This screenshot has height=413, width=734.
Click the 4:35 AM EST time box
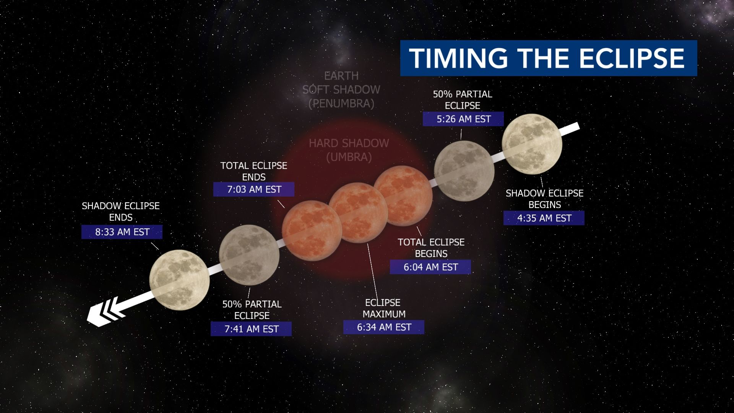(544, 218)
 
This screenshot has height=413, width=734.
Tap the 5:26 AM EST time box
(463, 119)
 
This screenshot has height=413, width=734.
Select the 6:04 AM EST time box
(430, 267)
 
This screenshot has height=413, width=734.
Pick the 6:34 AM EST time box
(384, 327)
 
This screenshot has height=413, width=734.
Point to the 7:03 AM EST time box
(254, 189)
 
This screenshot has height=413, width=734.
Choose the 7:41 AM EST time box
(251, 329)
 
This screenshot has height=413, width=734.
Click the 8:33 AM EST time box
(122, 232)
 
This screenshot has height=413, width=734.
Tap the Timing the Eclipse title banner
(549, 58)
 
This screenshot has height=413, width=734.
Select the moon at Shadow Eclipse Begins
(532, 143)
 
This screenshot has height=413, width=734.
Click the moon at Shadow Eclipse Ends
(179, 280)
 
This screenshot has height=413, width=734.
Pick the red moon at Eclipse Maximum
(359, 213)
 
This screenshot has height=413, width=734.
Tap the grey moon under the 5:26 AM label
(464, 171)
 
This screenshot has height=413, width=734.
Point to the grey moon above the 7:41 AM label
(249, 255)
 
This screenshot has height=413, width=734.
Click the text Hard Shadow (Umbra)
(349, 150)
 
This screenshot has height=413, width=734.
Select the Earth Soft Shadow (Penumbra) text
(341, 90)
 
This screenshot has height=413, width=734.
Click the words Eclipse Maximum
(383, 308)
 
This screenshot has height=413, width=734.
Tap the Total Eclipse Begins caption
(431, 248)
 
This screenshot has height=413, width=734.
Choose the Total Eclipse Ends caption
(254, 171)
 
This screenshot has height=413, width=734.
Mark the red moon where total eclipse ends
(312, 231)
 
